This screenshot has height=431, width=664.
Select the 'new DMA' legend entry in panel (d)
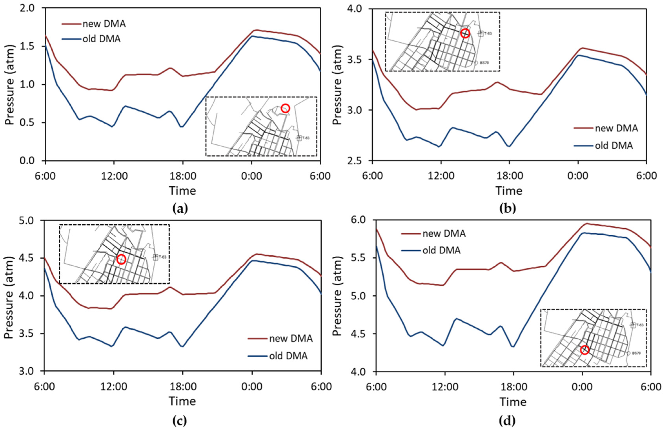444,234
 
